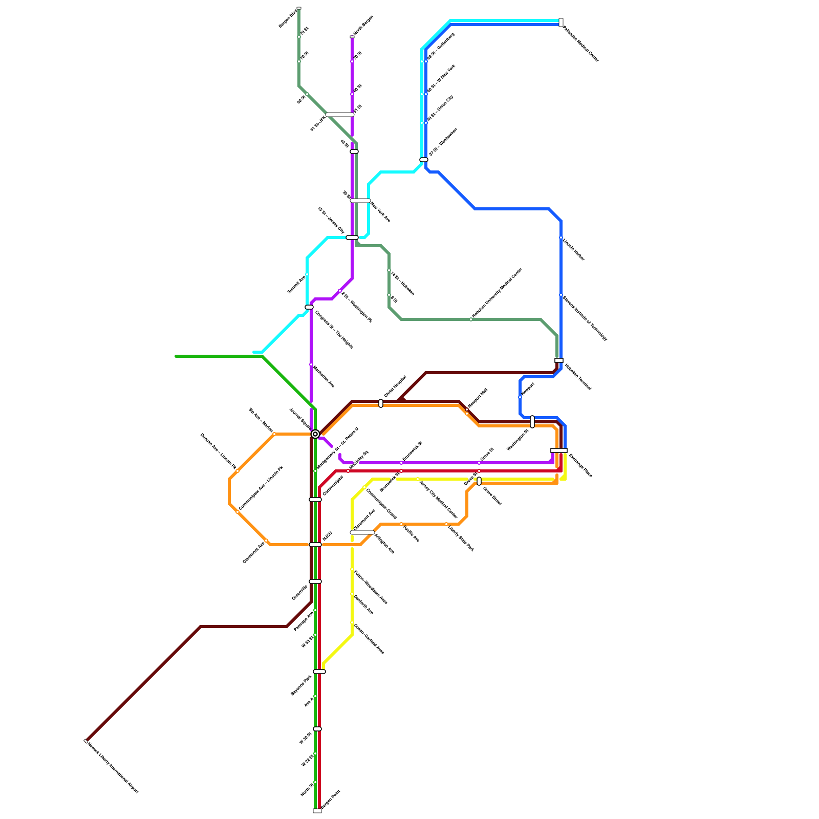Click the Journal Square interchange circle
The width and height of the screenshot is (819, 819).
315,434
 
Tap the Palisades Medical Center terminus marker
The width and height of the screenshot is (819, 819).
561,23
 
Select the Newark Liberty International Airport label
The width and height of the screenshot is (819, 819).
113,767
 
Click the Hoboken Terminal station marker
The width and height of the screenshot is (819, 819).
559,360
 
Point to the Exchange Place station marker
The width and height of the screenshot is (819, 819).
559,450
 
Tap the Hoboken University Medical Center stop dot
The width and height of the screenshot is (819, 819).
471,319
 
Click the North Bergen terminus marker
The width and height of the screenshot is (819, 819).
352,37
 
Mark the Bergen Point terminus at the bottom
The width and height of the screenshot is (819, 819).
317,811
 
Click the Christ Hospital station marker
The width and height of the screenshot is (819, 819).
381,403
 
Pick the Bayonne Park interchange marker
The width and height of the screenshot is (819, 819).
319,672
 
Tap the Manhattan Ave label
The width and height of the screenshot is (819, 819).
324,377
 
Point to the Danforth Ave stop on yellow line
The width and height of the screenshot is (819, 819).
352,594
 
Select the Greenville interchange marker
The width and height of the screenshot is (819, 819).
315,581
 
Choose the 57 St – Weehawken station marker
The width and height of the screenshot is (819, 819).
424,160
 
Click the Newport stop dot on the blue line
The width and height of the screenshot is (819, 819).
520,397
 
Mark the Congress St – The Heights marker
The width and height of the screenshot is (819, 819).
309,307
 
